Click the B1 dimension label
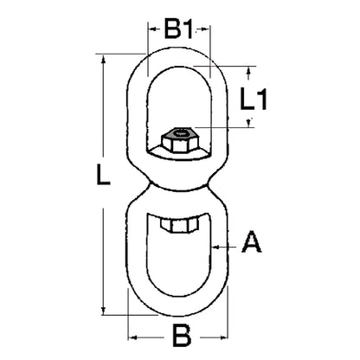click(x=178, y=29)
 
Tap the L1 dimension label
click(x=254, y=99)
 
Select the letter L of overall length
click(x=103, y=174)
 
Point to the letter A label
click(x=252, y=241)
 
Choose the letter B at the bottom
click(x=182, y=336)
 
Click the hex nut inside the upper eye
click(x=180, y=140)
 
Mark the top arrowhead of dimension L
click(x=103, y=60)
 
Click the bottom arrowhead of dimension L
click(x=103, y=310)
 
